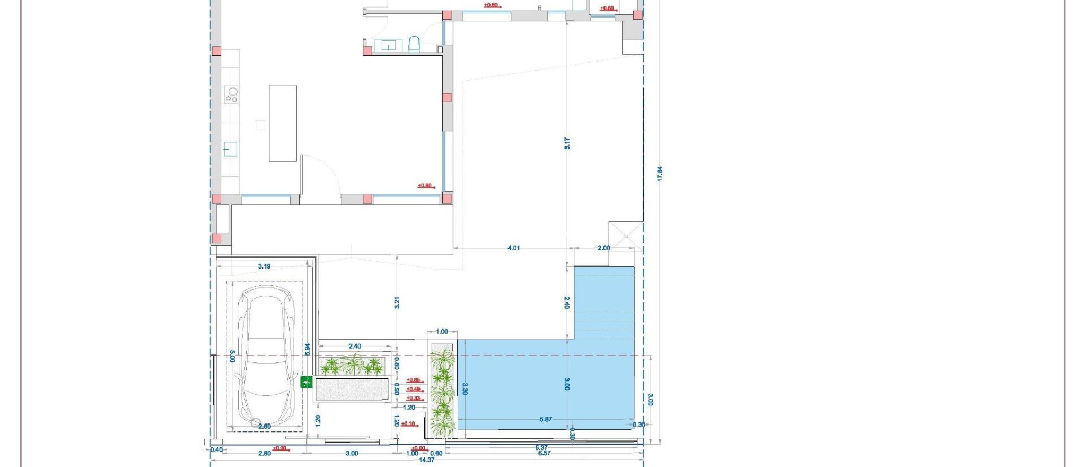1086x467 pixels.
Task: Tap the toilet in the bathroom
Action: point(414,44)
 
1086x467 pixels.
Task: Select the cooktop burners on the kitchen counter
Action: point(231,94)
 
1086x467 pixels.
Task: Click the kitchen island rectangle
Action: point(283,123)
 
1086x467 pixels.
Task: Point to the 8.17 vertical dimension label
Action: point(567,143)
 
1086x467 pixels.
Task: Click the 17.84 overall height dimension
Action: point(660,174)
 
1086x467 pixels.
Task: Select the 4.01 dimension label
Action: point(513,248)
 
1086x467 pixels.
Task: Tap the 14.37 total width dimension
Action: point(426,460)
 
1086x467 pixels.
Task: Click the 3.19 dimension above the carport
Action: point(264,266)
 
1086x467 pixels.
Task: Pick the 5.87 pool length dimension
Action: point(546,419)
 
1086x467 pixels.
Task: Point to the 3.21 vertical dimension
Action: point(397,303)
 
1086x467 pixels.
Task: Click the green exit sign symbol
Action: point(306,382)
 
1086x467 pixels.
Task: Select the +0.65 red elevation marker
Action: point(414,380)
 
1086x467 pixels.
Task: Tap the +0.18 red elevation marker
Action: point(408,423)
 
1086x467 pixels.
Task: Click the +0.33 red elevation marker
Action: point(414,398)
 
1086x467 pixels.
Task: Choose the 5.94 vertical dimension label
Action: point(308,349)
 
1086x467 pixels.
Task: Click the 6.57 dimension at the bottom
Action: point(544,454)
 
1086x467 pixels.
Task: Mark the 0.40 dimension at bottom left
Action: point(216,450)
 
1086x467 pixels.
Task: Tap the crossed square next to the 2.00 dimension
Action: point(626,235)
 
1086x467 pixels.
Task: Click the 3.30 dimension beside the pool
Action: point(465,389)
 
